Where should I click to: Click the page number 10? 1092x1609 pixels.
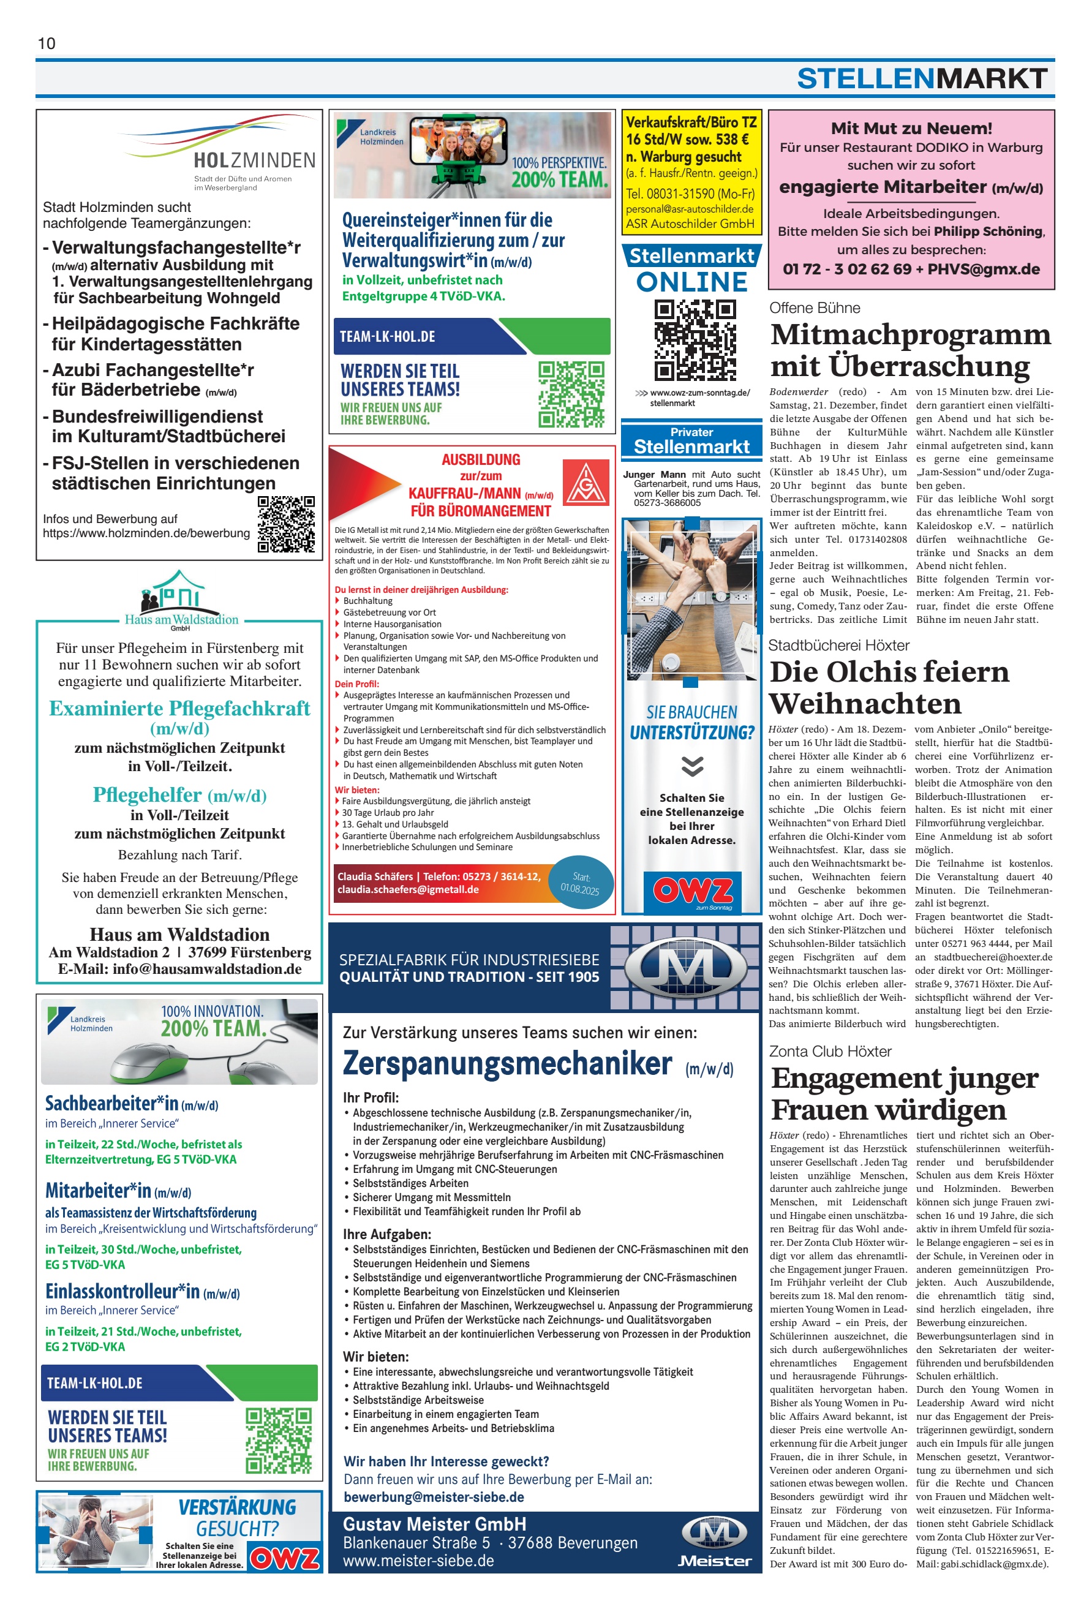[x=47, y=43]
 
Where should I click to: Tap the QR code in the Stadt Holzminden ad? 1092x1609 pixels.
[x=286, y=524]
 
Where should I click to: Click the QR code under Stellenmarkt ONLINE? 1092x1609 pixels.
[x=695, y=339]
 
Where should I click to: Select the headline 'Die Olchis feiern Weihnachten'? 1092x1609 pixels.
[x=889, y=687]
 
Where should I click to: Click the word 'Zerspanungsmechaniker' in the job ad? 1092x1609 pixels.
[x=507, y=1064]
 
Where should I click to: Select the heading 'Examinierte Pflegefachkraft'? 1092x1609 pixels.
[x=179, y=708]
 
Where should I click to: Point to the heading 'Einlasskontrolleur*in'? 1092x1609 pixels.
[x=122, y=1291]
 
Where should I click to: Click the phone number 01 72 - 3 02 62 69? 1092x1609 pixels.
[x=846, y=269]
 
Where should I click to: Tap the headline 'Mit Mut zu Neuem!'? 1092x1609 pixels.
[x=911, y=128]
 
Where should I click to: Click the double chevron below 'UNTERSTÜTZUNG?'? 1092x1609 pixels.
[x=691, y=765]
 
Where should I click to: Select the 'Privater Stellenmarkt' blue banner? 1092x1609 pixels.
[x=691, y=440]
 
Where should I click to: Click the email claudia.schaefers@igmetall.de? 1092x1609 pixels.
[x=408, y=890]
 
